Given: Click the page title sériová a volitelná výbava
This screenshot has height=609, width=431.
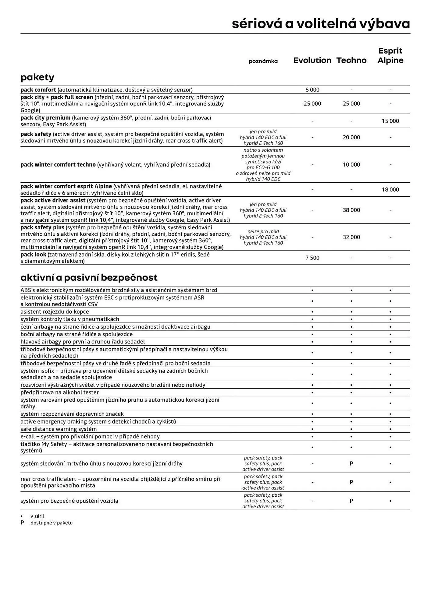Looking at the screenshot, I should [321, 24].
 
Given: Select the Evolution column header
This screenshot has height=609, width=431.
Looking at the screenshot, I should [312, 60].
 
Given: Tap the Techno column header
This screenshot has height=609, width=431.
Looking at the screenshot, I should [351, 60].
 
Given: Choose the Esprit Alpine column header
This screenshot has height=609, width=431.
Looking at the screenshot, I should [390, 55].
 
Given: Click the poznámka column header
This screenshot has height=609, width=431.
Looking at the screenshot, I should [263, 61].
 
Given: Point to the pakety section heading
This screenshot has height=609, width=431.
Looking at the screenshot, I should [37, 77].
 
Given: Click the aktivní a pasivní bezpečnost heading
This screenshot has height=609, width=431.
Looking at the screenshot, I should [89, 277].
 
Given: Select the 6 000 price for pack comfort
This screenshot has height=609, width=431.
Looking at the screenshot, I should [312, 90].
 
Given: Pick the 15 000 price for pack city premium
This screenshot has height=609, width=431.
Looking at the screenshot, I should [390, 121].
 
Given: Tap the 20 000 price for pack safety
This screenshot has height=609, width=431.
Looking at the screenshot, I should [351, 137].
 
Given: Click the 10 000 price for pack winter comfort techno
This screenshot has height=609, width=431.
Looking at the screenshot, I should [351, 164].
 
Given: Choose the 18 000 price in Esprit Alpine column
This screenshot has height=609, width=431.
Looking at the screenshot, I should [390, 189].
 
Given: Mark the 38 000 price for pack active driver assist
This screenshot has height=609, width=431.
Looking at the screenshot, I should [351, 210].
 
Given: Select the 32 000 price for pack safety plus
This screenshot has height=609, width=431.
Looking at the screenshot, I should [351, 237].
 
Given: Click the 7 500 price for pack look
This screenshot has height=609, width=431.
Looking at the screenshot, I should [312, 258].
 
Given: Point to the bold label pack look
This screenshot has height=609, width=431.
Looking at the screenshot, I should [33, 255].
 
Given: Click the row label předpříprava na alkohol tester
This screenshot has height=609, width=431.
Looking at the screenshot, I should [59, 393].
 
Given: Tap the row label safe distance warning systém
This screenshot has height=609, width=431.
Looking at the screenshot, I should [59, 429].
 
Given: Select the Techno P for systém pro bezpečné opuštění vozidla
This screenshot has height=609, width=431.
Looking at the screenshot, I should [351, 501].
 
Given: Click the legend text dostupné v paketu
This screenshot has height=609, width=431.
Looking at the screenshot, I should [52, 523].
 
